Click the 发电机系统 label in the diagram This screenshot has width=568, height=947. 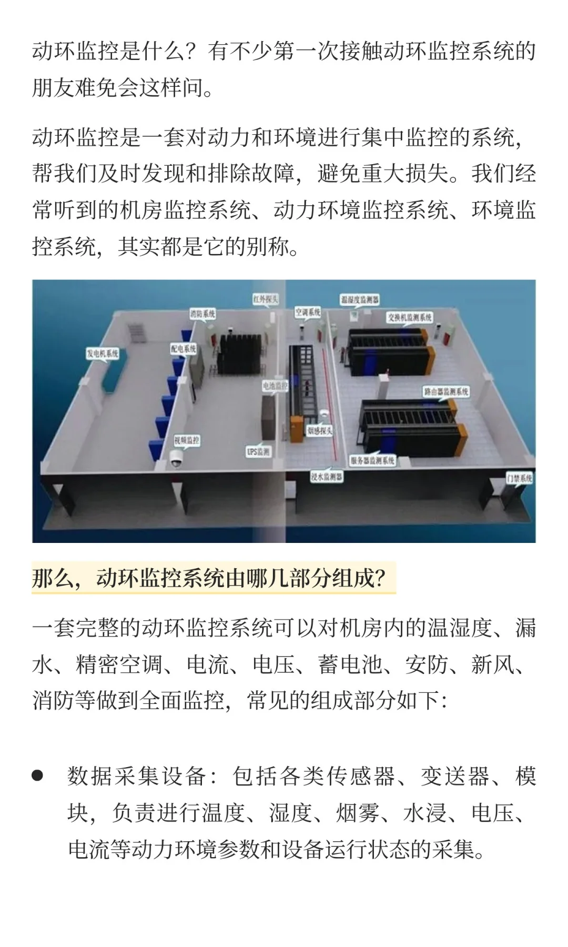tap(103, 353)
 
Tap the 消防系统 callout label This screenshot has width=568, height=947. tap(202, 314)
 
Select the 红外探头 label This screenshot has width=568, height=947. tap(265, 299)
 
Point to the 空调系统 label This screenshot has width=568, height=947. tap(308, 312)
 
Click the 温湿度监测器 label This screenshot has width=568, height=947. tap(360, 299)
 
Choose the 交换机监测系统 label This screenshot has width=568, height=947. tap(410, 317)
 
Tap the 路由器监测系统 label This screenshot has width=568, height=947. tap(446, 391)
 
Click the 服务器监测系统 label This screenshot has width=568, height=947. tap(372, 460)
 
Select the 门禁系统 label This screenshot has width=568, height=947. tap(519, 478)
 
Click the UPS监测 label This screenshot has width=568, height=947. tap(258, 451)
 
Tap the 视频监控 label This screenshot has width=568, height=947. tap(187, 439)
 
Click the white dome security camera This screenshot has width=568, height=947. tap(175, 463)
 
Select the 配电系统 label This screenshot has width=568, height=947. tap(183, 348)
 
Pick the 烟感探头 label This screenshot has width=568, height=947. tap(320, 430)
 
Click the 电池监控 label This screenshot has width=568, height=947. tap(275, 386)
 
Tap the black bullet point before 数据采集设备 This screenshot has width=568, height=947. tap(37, 775)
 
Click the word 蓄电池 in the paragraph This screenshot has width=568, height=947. tap(350, 664)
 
